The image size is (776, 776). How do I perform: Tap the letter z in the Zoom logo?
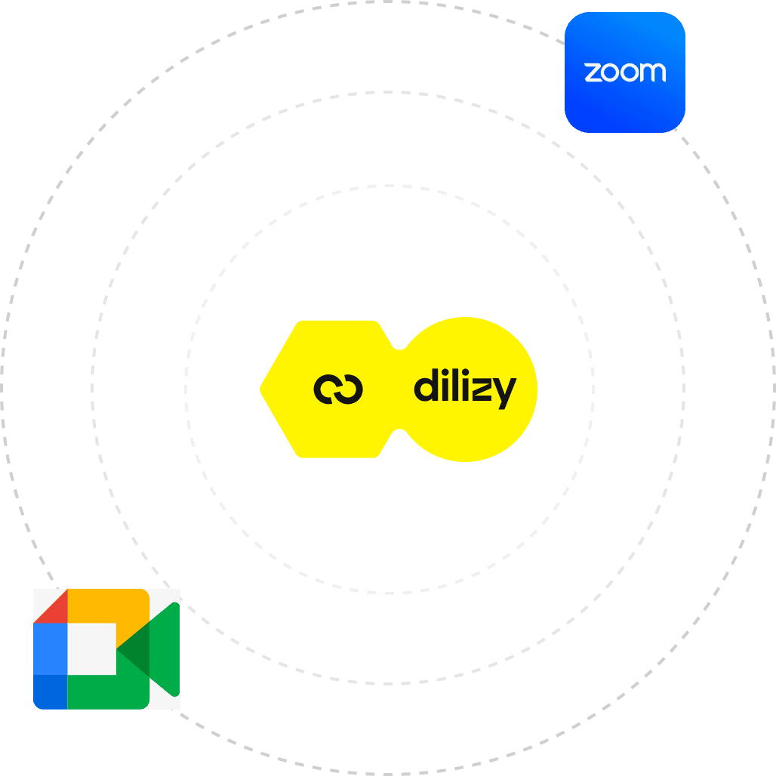[593, 72]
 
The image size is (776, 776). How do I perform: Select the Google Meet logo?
[106, 649]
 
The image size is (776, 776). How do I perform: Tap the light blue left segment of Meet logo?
[50, 648]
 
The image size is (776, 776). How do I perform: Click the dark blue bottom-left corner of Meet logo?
[50, 692]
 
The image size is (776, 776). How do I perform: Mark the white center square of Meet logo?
[91, 648]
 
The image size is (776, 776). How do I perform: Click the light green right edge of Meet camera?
[168, 649]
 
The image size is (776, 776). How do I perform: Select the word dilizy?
[464, 390]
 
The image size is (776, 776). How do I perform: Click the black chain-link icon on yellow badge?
[338, 390]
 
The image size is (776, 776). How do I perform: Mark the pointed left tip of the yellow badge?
[263, 390]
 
